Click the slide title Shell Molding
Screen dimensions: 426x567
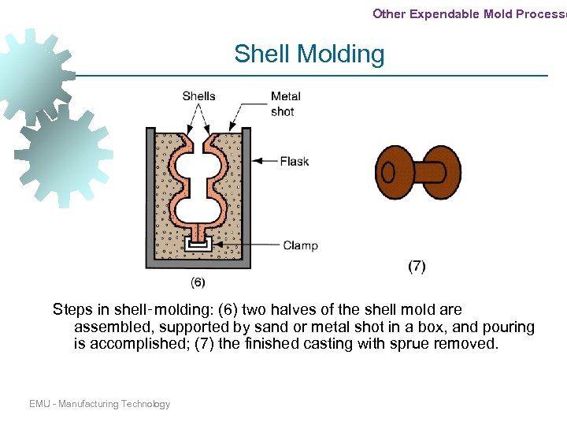pyautogui.click(x=309, y=54)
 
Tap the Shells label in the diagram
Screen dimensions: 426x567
pyautogui.click(x=198, y=96)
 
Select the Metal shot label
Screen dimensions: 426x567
pyautogui.click(x=285, y=104)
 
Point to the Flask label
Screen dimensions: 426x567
pyautogui.click(x=295, y=162)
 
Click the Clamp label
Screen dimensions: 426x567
pyautogui.click(x=300, y=245)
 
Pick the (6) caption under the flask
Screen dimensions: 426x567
pyautogui.click(x=198, y=282)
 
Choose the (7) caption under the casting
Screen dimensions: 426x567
pyautogui.click(x=417, y=266)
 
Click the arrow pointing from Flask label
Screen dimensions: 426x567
pyautogui.click(x=265, y=162)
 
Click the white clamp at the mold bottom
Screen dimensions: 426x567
pyautogui.click(x=198, y=244)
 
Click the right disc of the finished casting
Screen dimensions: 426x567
pyautogui.click(x=443, y=172)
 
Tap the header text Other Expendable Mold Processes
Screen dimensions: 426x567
pyautogui.click(x=469, y=13)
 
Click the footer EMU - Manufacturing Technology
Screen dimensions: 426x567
pyautogui.click(x=99, y=404)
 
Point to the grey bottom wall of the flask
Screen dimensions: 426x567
pyautogui.click(x=198, y=263)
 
